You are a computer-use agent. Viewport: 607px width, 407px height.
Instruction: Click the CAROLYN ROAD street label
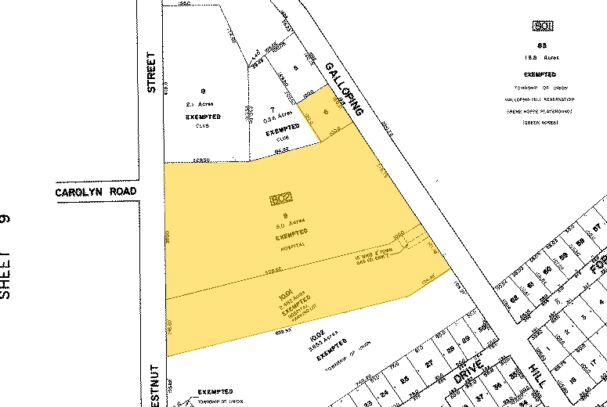(96, 192)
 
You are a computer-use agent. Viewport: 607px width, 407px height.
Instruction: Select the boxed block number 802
(280, 200)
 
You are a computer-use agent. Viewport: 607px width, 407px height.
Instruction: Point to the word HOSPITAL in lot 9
(291, 246)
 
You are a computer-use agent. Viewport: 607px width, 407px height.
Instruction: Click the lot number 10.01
(284, 297)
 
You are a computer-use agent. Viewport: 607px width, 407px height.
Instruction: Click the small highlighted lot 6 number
(325, 110)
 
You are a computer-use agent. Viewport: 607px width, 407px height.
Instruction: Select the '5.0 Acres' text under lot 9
(286, 225)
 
